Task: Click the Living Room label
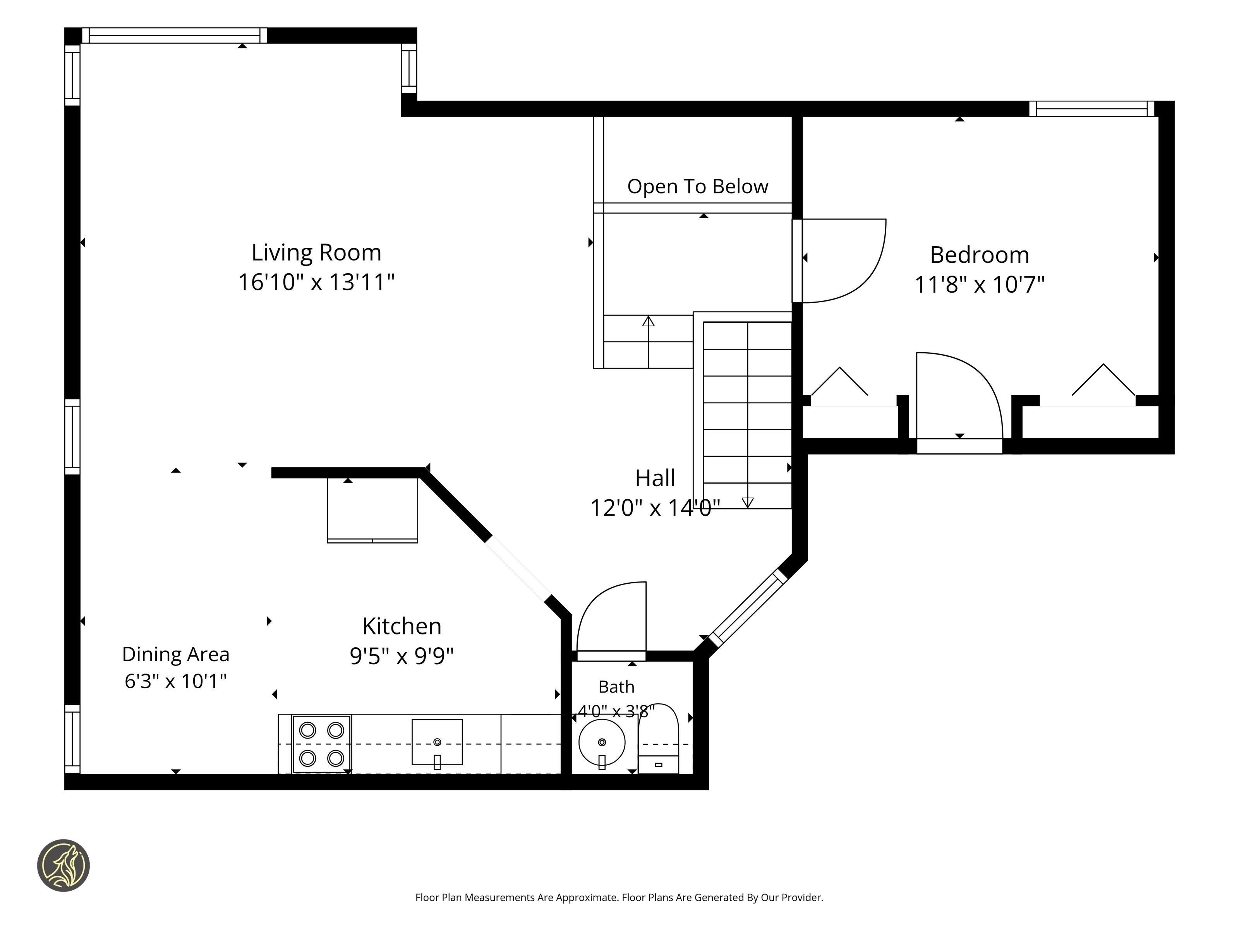pyautogui.click(x=316, y=252)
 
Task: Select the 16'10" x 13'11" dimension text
pyautogui.click(x=316, y=282)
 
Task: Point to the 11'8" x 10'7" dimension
pyautogui.click(x=980, y=285)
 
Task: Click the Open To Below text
pyautogui.click(x=698, y=187)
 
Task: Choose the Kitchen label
pyautogui.click(x=402, y=626)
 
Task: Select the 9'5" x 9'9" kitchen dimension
pyautogui.click(x=402, y=656)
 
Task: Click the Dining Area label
pyautogui.click(x=176, y=654)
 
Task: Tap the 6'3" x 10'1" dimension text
pyautogui.click(x=176, y=681)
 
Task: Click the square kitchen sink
pyautogui.click(x=437, y=742)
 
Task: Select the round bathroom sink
pyautogui.click(x=602, y=743)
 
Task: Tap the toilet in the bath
pyautogui.click(x=659, y=739)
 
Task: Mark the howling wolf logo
pyautogui.click(x=63, y=865)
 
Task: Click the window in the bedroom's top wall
pyautogui.click(x=1092, y=109)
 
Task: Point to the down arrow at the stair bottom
pyautogui.click(x=747, y=502)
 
